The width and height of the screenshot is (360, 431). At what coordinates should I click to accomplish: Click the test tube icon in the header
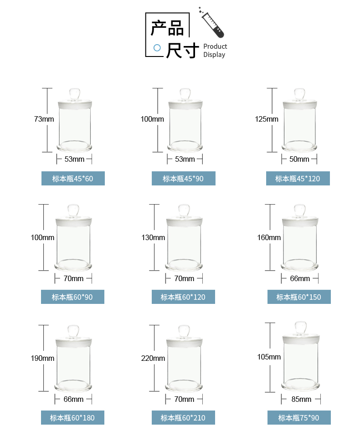click(x=212, y=22)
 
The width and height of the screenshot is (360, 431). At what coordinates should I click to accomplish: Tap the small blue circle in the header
click(x=157, y=47)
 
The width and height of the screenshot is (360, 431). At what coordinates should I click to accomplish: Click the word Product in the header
click(x=215, y=46)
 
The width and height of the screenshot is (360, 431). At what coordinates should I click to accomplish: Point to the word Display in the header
click(x=214, y=55)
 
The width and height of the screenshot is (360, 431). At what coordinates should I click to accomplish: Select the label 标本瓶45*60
click(x=73, y=179)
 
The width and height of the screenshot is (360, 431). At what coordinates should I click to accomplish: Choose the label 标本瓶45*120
click(x=298, y=179)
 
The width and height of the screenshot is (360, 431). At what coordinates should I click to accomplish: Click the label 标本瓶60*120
click(x=183, y=297)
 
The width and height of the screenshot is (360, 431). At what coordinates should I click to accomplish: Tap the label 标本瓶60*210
click(x=183, y=418)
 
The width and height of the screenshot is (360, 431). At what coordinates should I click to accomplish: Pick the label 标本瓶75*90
click(x=299, y=418)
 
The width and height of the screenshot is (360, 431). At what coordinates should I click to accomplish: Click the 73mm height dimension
click(x=44, y=119)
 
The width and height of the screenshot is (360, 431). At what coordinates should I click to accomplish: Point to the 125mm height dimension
click(x=267, y=119)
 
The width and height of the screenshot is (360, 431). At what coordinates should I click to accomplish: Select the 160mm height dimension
click(x=269, y=238)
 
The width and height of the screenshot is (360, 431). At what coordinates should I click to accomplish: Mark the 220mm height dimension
click(x=153, y=359)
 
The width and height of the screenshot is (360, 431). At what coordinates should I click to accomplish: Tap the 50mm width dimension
click(x=299, y=159)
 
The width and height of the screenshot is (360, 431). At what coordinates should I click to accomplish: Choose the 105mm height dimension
click(x=269, y=357)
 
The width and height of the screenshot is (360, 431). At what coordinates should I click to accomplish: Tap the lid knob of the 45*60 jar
click(x=75, y=93)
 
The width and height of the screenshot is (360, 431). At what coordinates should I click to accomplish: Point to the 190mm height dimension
click(x=42, y=359)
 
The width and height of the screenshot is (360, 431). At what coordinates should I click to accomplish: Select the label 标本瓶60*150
click(x=299, y=297)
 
